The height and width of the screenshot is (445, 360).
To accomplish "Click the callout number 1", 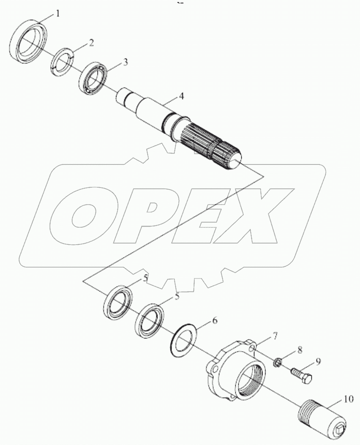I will tap(58, 14).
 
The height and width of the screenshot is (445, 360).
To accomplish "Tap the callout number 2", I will tap(91, 42).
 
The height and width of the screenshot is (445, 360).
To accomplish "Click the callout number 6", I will tap(215, 321).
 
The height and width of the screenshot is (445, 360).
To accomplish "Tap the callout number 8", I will tap(300, 350).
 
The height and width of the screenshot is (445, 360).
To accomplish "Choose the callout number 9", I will tap(318, 361).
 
